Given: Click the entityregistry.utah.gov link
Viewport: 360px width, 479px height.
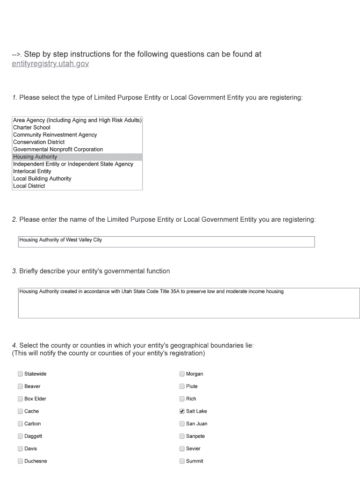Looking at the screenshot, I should (50, 64).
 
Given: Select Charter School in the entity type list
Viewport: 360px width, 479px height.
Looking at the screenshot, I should (32, 127).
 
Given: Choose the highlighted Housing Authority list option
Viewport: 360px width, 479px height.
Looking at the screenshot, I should (35, 157).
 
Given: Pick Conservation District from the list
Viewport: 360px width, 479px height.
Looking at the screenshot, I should (39, 142).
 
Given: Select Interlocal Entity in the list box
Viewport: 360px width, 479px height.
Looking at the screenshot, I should (32, 171).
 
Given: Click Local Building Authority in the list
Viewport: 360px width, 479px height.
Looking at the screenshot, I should (42, 179).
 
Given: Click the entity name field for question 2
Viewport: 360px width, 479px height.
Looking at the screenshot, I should (166, 241).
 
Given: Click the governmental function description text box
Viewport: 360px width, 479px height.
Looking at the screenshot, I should (188, 303).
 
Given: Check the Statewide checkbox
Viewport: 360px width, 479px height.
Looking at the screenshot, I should (20, 374).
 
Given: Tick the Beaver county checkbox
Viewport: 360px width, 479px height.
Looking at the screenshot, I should (20, 386).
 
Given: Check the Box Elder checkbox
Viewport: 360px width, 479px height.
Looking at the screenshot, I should (20, 399).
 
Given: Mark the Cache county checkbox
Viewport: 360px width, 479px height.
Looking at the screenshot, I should (20, 411).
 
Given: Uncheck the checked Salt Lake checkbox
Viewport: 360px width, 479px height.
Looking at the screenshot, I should (182, 411).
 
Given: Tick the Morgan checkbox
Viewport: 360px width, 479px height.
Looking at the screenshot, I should (182, 374).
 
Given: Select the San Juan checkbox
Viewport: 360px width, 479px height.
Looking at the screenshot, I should (182, 424).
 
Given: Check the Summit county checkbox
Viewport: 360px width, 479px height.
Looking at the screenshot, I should (182, 461).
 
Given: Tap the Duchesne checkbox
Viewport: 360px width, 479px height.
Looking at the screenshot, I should (20, 461).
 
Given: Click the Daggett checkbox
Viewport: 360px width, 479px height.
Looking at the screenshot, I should (20, 436).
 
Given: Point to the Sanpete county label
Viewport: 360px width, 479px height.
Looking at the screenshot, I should (195, 436).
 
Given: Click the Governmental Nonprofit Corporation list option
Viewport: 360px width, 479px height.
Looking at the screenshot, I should (58, 149).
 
